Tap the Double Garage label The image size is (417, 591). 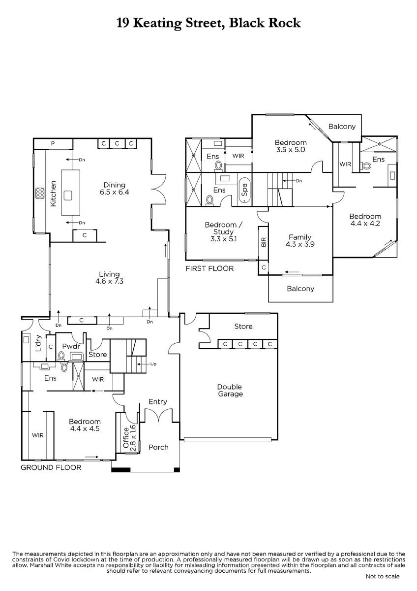click(230, 390)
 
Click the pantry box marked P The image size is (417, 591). click(53, 143)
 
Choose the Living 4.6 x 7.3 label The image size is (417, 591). click(109, 278)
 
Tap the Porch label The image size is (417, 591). click(158, 447)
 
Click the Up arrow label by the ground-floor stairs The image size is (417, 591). click(153, 364)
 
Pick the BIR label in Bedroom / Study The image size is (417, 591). click(263, 241)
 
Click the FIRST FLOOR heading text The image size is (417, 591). click(209, 268)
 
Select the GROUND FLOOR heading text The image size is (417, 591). click(51, 467)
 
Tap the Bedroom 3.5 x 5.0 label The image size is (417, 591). click(290, 146)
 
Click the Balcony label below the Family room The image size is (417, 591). click(300, 289)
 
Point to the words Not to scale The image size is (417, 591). click(382, 576)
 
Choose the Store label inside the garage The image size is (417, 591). click(243, 327)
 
